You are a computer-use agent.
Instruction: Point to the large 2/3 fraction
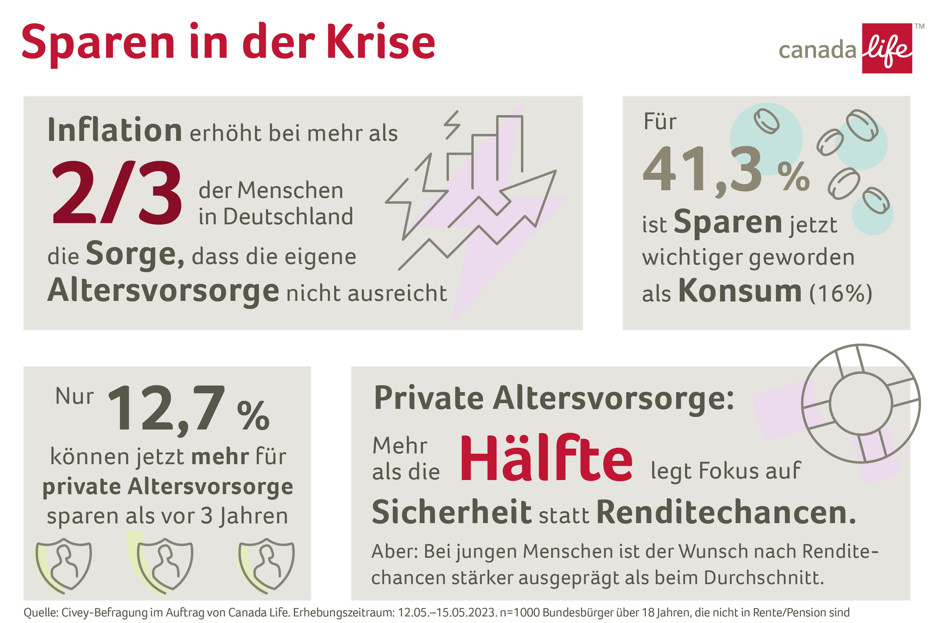point(117,192)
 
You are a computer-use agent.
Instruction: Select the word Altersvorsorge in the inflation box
point(163,291)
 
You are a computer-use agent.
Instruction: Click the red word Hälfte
point(546,459)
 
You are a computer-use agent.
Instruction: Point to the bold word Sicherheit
point(451,513)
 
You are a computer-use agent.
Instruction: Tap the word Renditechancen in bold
point(725,513)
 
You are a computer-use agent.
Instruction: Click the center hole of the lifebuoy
point(860,403)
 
